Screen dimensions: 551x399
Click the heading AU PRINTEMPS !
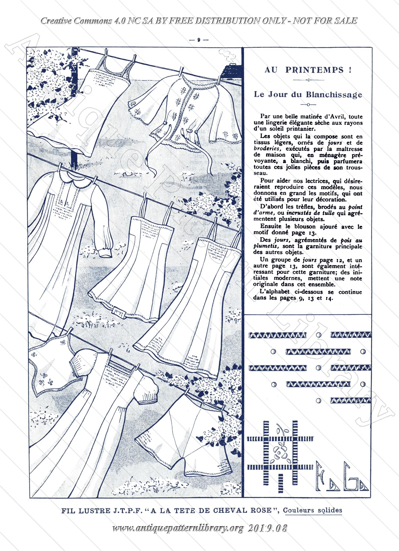308,70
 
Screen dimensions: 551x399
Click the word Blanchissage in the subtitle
334,95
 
